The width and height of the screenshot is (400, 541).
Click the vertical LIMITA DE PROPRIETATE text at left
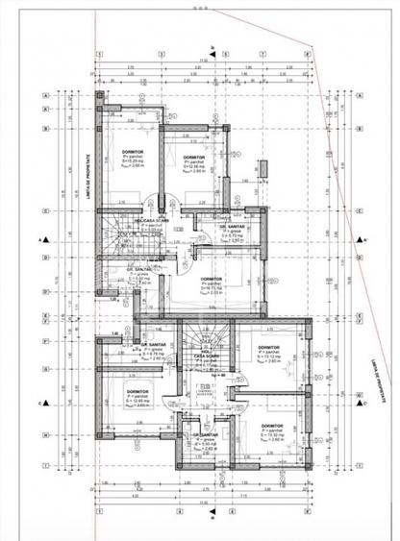click(x=89, y=168)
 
